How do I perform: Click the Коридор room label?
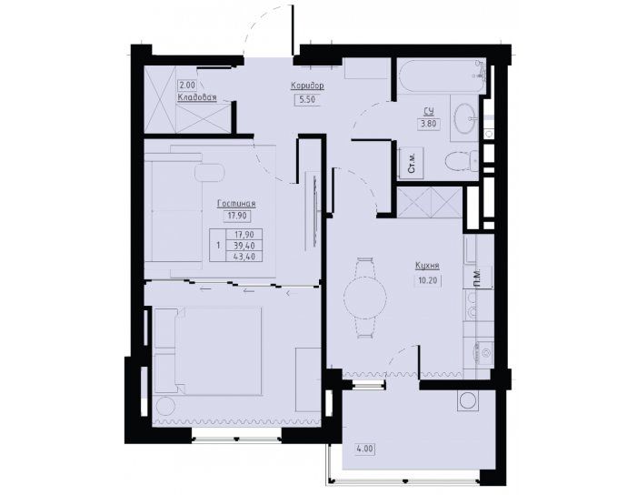point(307,86)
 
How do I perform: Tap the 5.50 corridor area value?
point(307,99)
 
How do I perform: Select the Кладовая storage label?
point(197,97)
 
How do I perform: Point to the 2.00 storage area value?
point(187,86)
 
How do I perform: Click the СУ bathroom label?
point(429,111)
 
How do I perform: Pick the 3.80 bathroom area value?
point(429,123)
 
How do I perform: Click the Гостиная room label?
point(236,204)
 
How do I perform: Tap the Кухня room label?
point(427,266)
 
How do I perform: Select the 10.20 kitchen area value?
point(428,280)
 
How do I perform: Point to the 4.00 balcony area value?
point(365,450)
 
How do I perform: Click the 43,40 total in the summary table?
point(246,257)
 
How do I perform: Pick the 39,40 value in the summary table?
point(246,246)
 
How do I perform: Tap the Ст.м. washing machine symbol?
point(412,163)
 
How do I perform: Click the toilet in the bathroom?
point(463,161)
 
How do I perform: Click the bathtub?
point(442,76)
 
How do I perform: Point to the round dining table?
point(364,298)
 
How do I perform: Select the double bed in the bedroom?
point(208,351)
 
